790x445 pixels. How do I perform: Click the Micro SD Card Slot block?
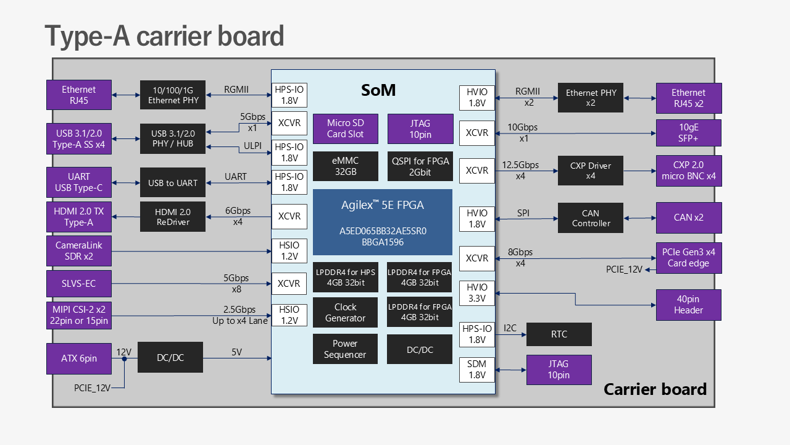pos(346,129)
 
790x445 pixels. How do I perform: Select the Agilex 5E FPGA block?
pos(383,222)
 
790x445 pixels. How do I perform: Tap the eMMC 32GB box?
pos(346,166)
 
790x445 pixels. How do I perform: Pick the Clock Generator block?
pos(346,313)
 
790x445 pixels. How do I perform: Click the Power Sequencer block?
pos(346,349)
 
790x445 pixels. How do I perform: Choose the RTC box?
pos(559,334)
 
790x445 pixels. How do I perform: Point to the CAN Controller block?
pos(591,218)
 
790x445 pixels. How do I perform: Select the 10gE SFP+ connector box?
pos(689,133)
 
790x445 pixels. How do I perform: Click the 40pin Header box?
pos(689,305)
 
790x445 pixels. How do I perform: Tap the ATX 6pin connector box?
pos(79,358)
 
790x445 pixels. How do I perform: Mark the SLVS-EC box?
pos(79,284)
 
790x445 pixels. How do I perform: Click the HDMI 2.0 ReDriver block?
pos(173,217)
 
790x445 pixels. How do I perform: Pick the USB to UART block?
pos(173,183)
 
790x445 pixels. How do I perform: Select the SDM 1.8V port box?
pos(477,370)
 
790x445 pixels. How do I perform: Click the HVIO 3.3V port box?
pos(477,293)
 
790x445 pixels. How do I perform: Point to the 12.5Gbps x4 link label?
pos(520,170)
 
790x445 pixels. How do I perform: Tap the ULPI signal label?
pos(253,146)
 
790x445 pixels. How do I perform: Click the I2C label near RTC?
pos(510,328)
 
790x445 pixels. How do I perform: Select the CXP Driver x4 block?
pos(591,171)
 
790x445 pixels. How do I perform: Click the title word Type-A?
pos(87,36)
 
